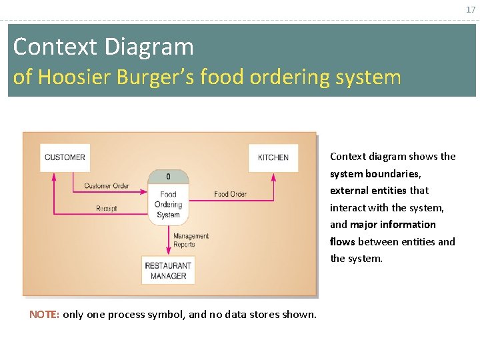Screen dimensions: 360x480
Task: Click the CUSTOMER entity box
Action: coord(65,157)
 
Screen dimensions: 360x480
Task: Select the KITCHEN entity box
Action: coord(273,157)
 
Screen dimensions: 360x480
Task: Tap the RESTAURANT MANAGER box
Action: coord(168,271)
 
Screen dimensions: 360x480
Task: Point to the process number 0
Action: coord(168,177)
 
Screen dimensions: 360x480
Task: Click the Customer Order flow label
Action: coord(107,185)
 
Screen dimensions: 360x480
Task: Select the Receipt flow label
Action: coord(107,209)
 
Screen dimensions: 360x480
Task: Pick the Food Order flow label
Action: coord(230,194)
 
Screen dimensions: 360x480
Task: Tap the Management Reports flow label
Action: coord(191,240)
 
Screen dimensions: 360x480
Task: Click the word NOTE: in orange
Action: coord(44,314)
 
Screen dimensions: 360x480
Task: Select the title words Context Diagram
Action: coord(103,47)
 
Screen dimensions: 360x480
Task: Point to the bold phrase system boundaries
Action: coord(375,173)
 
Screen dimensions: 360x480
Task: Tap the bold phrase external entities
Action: coord(368,191)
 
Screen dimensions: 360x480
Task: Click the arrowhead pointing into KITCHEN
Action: coord(273,176)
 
